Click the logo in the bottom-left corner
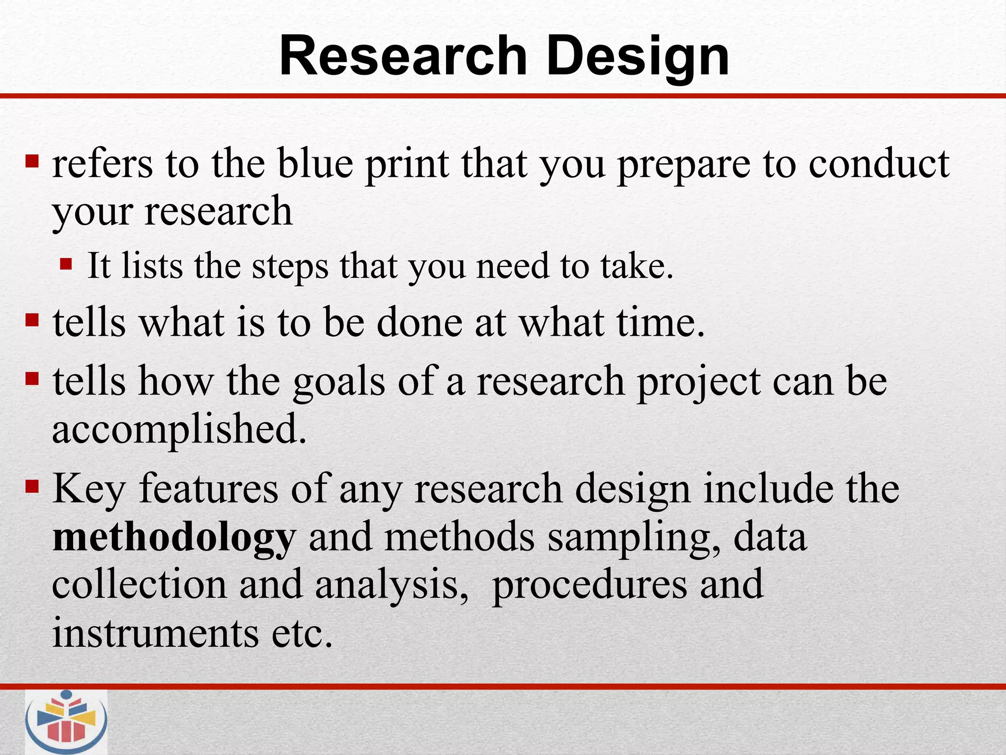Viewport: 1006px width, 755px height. (66, 721)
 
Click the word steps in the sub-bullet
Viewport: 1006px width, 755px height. (290, 266)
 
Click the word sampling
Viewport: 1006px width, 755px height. (634, 537)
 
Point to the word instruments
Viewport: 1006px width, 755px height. (155, 633)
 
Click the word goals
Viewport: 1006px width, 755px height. (339, 381)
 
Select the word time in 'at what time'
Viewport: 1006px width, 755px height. (661, 323)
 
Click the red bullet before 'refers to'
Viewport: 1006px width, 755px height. (32, 160)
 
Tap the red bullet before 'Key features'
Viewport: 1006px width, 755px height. (32, 487)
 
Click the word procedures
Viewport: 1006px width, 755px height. (589, 585)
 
